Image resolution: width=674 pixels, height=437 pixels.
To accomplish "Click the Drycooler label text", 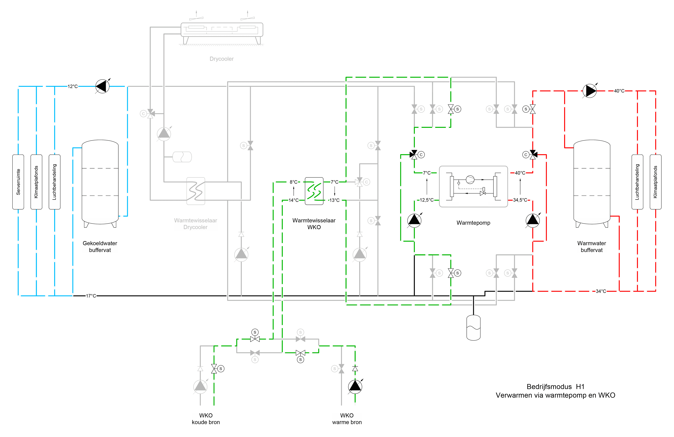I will coord(221,59).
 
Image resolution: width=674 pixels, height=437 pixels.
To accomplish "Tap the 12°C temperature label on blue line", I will coord(73,86).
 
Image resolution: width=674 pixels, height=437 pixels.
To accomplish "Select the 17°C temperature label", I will coord(91,296).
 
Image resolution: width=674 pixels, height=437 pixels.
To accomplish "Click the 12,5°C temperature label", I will coord(426,200).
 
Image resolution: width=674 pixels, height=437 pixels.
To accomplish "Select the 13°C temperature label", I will coord(334,200).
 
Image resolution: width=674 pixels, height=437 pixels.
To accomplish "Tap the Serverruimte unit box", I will coord(18,182).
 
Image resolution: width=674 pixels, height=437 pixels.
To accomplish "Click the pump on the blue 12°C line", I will coord(102,86).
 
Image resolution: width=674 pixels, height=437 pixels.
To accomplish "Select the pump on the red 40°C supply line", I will coord(590,91).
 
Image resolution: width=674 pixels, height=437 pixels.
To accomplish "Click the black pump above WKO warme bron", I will coord(355,387).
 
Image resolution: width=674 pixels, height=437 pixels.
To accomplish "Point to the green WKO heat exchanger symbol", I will coord(314,191).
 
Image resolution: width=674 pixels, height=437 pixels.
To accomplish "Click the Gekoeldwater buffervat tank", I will coord(100,182).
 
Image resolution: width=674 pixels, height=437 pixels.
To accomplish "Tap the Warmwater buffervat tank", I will coord(592,182).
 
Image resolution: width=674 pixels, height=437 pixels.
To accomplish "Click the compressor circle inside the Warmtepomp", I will coord(470,180).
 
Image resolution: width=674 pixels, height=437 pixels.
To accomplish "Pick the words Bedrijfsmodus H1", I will coord(555,387).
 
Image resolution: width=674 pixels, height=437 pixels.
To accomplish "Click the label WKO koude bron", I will coord(206,419).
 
